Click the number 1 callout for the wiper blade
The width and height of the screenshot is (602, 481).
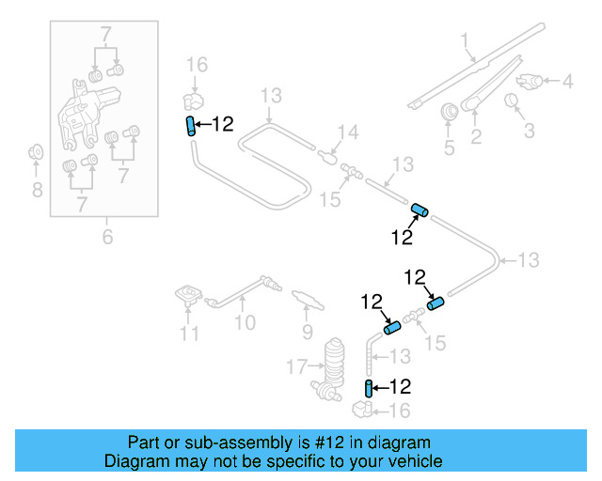pos(464,39)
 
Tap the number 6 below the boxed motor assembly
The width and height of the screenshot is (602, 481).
pos(107,238)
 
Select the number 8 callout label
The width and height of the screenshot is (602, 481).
pos(37,191)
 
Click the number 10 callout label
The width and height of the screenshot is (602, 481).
pos(245,324)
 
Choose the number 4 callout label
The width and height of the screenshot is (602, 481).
pos(566,82)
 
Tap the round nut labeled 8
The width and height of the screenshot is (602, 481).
pos(37,150)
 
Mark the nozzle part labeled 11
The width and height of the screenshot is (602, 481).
pos(189,296)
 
